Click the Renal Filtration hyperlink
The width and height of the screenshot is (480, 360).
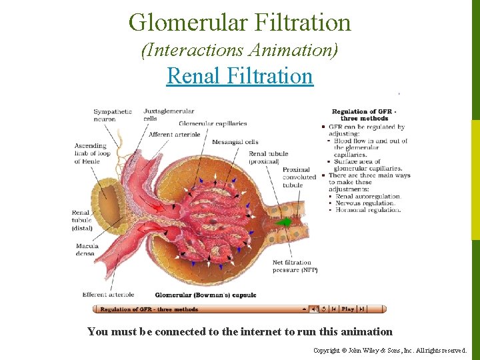coord(239,76)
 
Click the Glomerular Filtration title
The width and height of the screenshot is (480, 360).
coord(239,23)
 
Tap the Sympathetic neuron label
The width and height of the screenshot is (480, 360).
coord(113,115)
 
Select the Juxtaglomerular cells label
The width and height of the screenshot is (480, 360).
coord(169,115)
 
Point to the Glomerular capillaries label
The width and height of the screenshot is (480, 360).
coord(213,123)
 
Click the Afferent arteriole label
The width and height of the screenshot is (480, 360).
coord(174,135)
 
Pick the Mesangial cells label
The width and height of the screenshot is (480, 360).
coord(235,142)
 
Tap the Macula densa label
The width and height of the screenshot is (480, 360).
coord(87,250)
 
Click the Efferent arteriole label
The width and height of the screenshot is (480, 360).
coord(108,295)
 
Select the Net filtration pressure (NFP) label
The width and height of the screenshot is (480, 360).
coord(295,267)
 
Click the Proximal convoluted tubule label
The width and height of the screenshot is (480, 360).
coord(299,177)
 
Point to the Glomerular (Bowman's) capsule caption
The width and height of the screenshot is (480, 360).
coord(205,295)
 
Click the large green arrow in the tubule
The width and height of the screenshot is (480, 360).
coord(287,222)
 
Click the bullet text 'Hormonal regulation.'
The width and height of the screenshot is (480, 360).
coord(368,210)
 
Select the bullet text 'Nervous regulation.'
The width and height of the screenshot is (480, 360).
coord(365,203)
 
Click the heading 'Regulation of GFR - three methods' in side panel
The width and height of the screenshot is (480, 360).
coord(364,115)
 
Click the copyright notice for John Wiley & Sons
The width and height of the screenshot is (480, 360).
coord(390,350)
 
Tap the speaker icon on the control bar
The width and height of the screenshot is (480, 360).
coord(314,309)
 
